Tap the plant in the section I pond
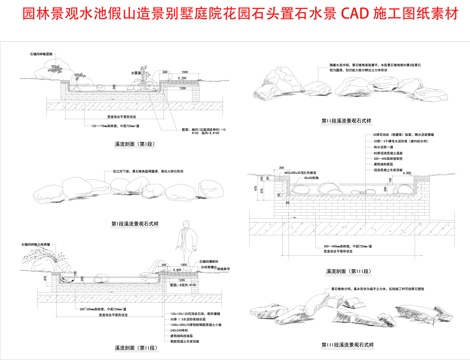coord(146,76)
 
